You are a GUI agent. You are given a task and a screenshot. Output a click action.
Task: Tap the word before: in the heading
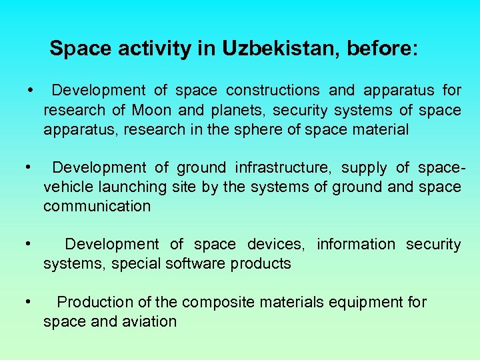383,49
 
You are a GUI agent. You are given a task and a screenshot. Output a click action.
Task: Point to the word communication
97,207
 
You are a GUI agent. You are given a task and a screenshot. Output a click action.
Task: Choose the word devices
276,245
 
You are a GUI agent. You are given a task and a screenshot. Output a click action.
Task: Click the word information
356,245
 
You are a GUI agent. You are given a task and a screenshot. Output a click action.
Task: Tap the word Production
89,303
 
